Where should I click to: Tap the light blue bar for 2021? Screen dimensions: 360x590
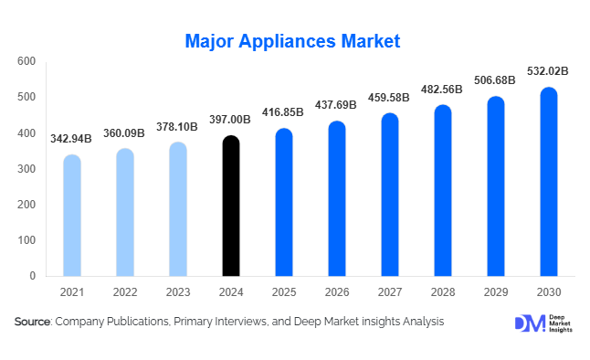pos(72,216)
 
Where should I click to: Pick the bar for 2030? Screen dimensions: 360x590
pos(548,182)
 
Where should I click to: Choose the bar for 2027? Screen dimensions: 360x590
pos(389,195)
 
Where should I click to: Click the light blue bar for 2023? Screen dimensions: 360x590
pos(178,209)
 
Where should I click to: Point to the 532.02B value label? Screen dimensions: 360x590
pos(548,70)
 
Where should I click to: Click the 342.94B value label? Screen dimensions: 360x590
pos(72,138)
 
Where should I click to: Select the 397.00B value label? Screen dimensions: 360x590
pos(231,119)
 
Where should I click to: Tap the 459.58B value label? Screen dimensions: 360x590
pos(389,97)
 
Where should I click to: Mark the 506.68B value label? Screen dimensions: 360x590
pos(495,79)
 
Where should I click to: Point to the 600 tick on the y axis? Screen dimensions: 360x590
pos(26,62)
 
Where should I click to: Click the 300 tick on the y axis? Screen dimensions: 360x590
pos(26,169)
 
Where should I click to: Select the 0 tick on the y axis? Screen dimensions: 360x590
pos(32,276)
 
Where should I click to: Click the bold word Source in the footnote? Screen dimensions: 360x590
pos(33,322)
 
